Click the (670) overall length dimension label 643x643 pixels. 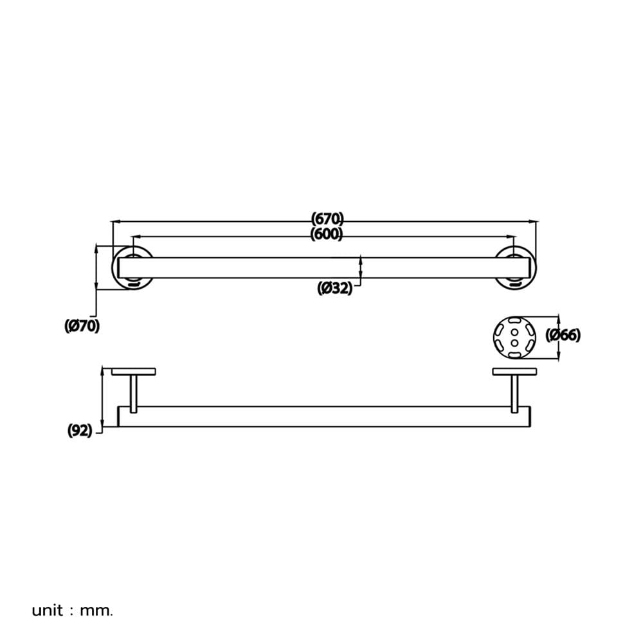pos(327,218)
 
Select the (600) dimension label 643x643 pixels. pos(327,234)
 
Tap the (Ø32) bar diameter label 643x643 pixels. pos(334,288)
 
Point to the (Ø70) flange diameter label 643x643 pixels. pos(82,326)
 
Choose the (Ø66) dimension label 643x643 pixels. pos(563,335)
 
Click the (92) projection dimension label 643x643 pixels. pos(80,431)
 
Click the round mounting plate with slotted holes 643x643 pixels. pos(514,337)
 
